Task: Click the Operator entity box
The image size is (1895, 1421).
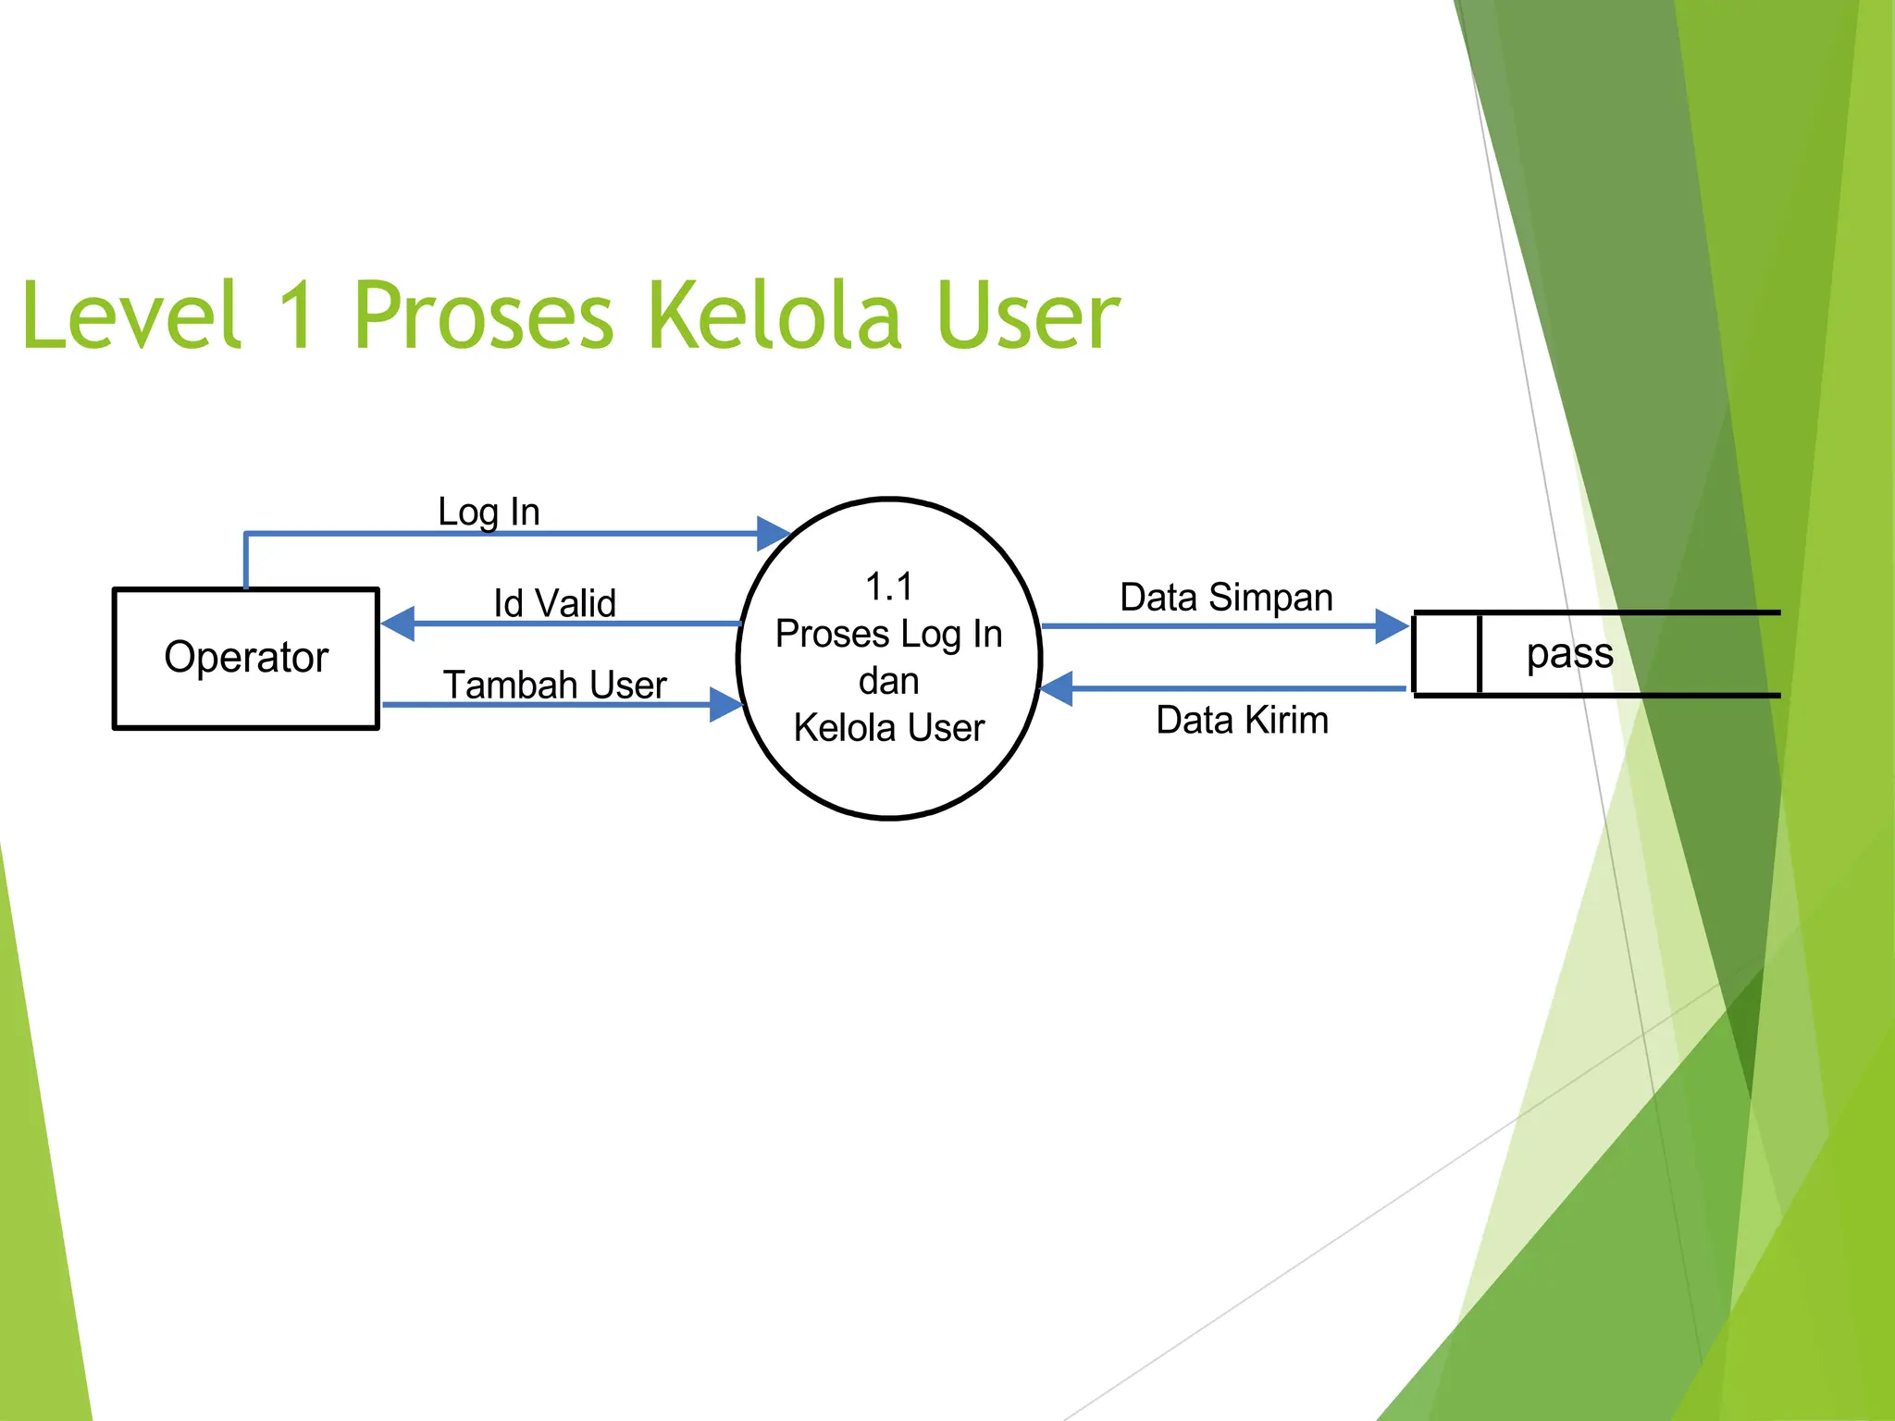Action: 245,658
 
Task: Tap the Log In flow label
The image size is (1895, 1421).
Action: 488,512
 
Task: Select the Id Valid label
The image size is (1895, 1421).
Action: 553,603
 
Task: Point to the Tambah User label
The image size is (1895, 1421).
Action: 554,685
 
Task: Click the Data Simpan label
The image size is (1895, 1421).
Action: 1225,598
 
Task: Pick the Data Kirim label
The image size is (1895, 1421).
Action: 1242,720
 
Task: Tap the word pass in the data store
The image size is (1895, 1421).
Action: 1569,653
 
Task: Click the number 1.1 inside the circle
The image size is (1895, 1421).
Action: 888,587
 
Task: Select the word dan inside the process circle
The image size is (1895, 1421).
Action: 888,681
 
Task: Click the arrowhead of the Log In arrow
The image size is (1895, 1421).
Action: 772,534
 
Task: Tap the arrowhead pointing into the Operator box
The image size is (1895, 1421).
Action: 398,624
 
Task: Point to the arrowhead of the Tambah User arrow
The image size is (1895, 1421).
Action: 725,704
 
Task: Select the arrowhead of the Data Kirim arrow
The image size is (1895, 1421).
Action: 1057,688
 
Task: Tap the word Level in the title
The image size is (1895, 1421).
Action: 130,315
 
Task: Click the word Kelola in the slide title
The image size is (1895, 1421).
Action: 774,315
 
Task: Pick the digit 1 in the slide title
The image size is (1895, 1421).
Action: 296,315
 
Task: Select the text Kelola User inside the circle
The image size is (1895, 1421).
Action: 888,728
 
